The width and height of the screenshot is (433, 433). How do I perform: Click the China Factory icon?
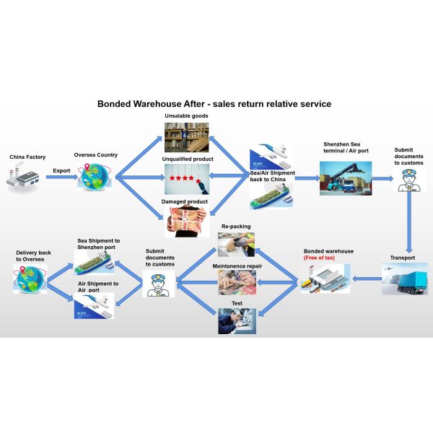[x=22, y=178]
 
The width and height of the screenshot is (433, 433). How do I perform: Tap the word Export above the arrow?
[x=62, y=171]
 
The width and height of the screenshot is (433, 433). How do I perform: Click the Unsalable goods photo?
[x=186, y=136]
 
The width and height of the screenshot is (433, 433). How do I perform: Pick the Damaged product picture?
[x=186, y=221]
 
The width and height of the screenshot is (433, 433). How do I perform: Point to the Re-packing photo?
[x=236, y=244]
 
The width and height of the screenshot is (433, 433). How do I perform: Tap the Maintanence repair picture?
[x=236, y=281]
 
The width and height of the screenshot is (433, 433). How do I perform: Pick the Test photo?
[x=236, y=320]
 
